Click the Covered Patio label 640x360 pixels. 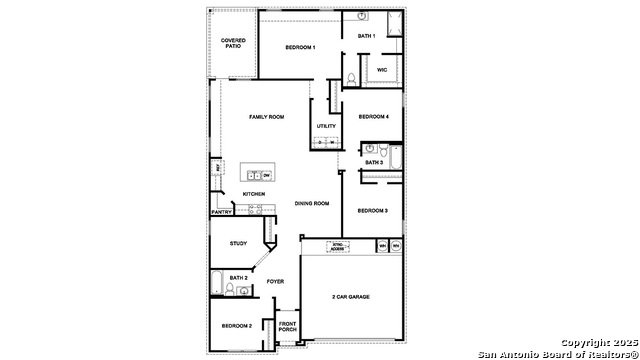point(232,43)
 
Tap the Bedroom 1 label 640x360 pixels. point(300,47)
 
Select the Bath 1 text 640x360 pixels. point(366,36)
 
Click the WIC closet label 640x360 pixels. point(382,70)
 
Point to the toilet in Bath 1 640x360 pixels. point(352,77)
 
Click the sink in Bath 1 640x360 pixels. point(361,17)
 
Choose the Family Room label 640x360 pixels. point(266,117)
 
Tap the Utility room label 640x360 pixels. point(326,126)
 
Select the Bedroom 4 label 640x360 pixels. point(373,116)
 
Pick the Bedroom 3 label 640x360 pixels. point(373,210)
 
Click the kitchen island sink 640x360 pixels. point(254,175)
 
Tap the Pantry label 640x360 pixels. point(222,212)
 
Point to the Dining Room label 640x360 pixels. point(311,203)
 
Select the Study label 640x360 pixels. point(238,243)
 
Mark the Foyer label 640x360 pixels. point(275,281)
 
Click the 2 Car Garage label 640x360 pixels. point(352,297)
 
